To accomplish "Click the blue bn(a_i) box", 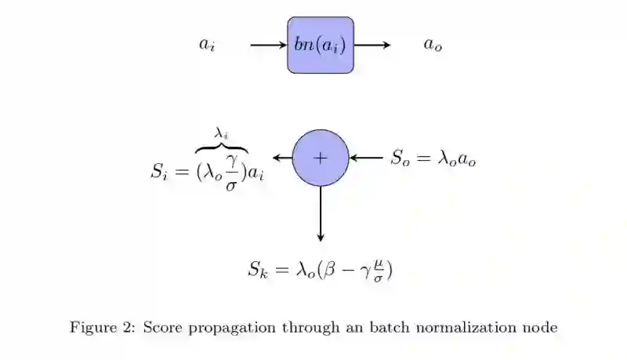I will pyautogui.click(x=320, y=45).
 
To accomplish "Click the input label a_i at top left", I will pyautogui.click(x=207, y=45).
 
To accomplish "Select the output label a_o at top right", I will pyautogui.click(x=433, y=45).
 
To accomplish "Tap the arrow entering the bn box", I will pyautogui.click(x=268, y=45).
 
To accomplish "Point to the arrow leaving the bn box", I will pyautogui.click(x=371, y=45).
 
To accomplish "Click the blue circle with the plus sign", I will pyautogui.click(x=320, y=158).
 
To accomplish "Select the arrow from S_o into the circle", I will pyautogui.click(x=366, y=158).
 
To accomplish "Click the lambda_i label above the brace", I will pyautogui.click(x=222, y=135).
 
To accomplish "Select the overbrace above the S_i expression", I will pyautogui.click(x=222, y=147).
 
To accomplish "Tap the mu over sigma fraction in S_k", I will pyautogui.click(x=379, y=271).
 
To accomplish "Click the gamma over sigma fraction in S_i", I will pyautogui.click(x=231, y=173).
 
